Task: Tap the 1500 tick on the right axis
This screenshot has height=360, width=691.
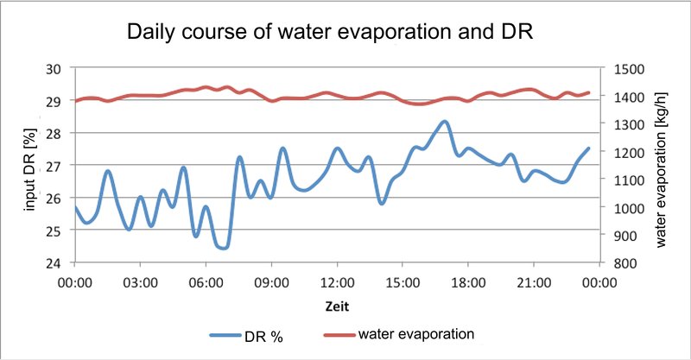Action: pos(623,68)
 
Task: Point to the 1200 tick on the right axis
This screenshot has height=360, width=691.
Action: pos(623,152)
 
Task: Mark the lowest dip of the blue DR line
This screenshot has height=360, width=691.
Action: pos(224,248)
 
